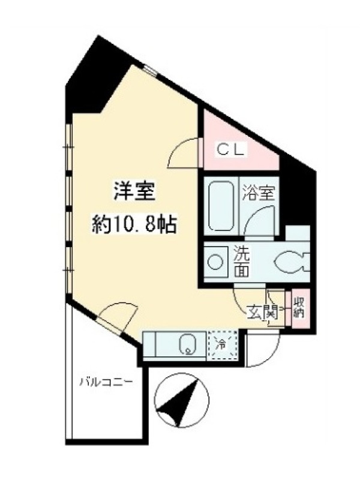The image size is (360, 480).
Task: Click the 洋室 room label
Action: point(134,191)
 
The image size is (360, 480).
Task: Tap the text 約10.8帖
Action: point(134,225)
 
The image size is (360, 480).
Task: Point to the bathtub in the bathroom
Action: point(221,206)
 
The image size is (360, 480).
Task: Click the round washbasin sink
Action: point(216,262)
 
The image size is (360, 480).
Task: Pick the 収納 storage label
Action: point(298,308)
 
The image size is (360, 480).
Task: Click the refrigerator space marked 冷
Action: point(222,344)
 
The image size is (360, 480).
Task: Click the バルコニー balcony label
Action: point(106,382)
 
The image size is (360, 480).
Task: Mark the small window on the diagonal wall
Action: point(151,70)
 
